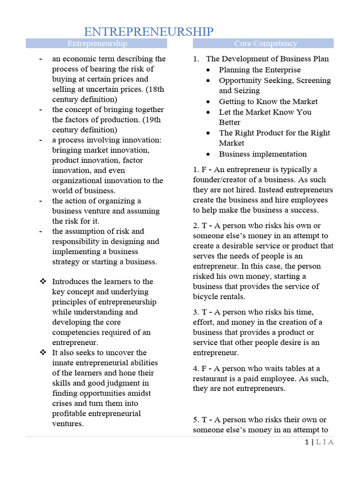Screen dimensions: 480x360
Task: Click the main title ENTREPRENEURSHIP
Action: pyautogui.click(x=149, y=32)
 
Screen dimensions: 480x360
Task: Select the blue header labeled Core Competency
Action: pyautogui.click(x=265, y=44)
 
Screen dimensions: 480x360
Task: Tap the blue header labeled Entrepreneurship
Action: pyautogui.click(x=97, y=44)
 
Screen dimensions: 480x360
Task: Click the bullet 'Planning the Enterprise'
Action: pyautogui.click(x=260, y=70)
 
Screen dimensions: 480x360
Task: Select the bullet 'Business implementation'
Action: pyautogui.click(x=262, y=154)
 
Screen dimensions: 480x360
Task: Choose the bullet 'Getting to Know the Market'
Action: pyautogui.click(x=268, y=101)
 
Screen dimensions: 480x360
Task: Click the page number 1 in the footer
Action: pyautogui.click(x=306, y=442)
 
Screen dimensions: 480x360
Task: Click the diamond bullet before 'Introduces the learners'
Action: pyautogui.click(x=43, y=281)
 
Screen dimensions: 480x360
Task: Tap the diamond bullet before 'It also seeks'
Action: pyautogui.click(x=43, y=352)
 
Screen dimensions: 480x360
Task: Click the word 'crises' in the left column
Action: pyautogui.click(x=62, y=403)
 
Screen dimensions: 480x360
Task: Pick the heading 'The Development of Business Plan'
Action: pyautogui.click(x=267, y=59)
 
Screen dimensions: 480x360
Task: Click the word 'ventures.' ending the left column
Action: pyautogui.click(x=68, y=424)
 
